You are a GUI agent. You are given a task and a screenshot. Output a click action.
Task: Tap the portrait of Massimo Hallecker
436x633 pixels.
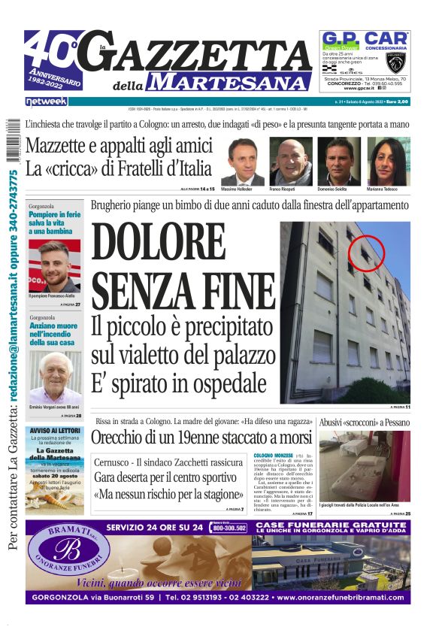click(242, 161)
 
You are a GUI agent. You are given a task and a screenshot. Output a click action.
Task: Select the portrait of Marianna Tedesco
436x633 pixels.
click(388, 161)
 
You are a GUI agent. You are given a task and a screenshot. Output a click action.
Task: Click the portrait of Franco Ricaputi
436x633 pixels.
click(290, 161)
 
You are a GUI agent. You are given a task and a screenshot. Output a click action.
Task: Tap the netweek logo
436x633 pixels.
click(46, 101)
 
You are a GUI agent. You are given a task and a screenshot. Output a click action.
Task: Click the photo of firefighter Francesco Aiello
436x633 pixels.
click(55, 265)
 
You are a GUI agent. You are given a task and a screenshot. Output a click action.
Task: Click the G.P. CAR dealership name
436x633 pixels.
click(365, 38)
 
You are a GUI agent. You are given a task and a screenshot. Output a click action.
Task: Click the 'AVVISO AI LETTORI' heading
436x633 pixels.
click(55, 432)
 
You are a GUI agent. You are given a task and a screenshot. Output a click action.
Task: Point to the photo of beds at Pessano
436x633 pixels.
click(364, 466)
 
